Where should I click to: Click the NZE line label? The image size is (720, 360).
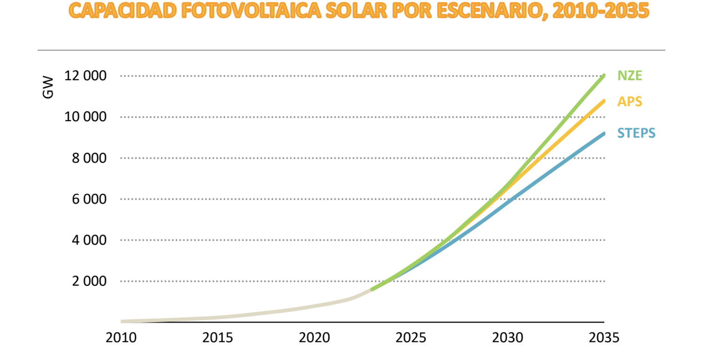pos(629,75)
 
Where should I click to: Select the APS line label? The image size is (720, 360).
pos(629,101)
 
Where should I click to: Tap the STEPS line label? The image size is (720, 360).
pos(636,133)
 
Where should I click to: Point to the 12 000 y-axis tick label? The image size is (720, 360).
pos(87,76)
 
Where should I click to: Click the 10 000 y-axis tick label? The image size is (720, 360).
pos(87,117)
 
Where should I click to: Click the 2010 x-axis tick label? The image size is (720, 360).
pos(121,338)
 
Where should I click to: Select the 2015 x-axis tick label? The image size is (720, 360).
pos(218,338)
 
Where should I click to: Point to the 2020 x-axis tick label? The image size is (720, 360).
pos(314,338)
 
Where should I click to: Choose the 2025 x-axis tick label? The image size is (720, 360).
pos(411,338)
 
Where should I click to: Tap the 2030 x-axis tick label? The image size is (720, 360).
pos(508,338)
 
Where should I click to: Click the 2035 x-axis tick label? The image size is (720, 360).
pos(604,338)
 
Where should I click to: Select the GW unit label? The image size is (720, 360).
pos(48,87)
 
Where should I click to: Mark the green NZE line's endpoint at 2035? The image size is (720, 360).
pos(604,75)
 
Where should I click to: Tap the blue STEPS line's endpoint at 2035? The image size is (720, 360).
pos(604,134)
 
